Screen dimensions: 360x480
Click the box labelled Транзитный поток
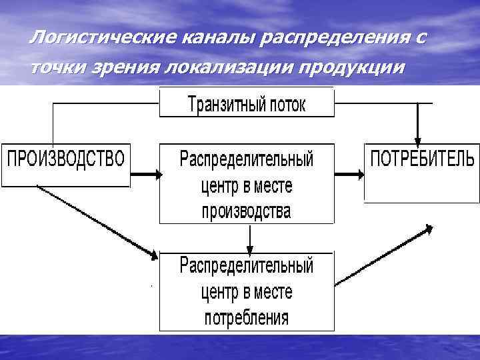click(247, 103)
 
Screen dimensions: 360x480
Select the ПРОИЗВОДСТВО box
click(65, 163)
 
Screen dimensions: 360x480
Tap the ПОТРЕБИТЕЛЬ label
click(422, 159)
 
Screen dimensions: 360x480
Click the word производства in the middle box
click(247, 211)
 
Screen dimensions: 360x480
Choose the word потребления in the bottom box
click(247, 316)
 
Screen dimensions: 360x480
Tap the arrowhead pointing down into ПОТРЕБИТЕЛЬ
click(418, 137)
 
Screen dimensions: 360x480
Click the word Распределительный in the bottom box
click(247, 266)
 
